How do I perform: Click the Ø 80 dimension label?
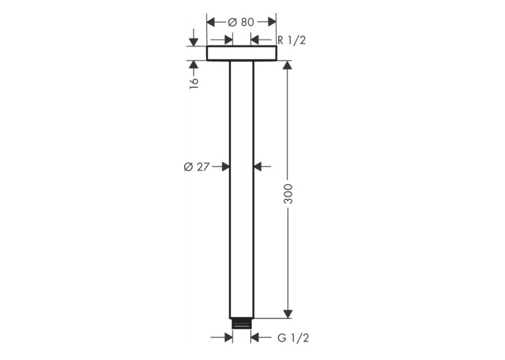pos(241,22)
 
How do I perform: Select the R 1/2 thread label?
pos(292,40)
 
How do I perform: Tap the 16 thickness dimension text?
pos(194,83)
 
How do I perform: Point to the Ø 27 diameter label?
pos(197,167)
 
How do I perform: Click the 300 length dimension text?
pos(288,194)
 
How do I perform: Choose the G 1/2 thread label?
pos(293,338)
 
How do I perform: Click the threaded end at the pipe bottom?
pos(241,324)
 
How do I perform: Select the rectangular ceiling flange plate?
pos(242,54)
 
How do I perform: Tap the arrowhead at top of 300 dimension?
pos(288,65)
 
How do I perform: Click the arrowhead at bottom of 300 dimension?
pos(288,314)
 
